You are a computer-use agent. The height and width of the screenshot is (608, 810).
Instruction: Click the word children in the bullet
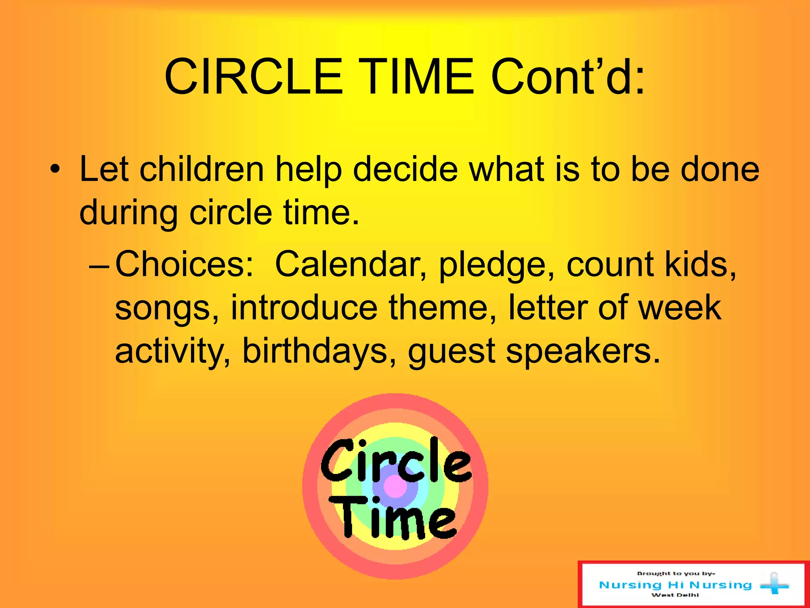[x=202, y=169]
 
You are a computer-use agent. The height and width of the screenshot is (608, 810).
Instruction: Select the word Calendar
[x=350, y=264]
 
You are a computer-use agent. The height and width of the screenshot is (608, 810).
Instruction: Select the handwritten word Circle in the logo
[x=396, y=461]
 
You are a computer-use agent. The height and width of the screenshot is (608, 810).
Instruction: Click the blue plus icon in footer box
[x=774, y=584]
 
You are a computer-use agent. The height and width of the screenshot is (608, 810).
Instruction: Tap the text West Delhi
[x=675, y=595]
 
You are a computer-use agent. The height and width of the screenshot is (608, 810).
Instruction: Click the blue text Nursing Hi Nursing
[x=675, y=585]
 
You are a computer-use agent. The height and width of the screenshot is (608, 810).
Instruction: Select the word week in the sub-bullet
[x=680, y=308]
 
